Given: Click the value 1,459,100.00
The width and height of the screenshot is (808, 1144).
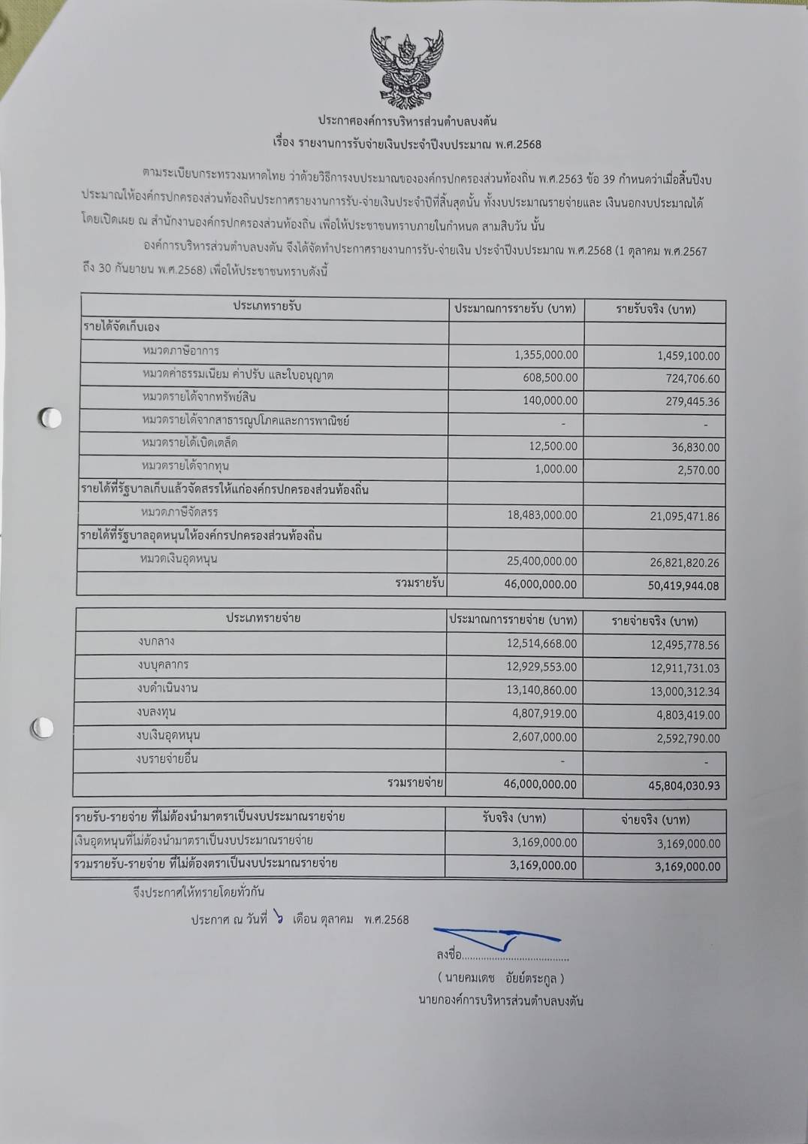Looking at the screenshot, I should [x=688, y=356].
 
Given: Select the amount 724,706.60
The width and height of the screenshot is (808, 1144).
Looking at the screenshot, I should [x=692, y=379].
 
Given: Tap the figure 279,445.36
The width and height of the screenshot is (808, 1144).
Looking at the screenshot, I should [x=692, y=401].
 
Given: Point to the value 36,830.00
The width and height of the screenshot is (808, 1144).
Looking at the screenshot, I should [x=695, y=447].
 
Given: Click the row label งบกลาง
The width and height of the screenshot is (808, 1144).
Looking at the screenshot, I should [x=156, y=641].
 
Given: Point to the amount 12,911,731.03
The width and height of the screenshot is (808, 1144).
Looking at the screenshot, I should [x=684, y=668].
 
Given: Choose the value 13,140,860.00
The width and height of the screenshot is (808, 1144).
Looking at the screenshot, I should [x=541, y=690].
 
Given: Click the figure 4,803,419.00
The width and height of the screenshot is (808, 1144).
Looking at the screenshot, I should [x=688, y=715].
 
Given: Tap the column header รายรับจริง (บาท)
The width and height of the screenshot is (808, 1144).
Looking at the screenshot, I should [x=656, y=309].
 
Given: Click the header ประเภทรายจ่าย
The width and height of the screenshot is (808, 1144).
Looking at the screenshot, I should [x=263, y=618].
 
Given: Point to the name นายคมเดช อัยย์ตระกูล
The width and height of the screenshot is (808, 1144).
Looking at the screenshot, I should [x=500, y=978].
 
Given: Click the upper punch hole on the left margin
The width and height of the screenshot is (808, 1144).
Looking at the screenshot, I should [x=50, y=418].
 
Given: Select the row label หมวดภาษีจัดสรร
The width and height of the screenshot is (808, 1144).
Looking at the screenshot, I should [x=179, y=512].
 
